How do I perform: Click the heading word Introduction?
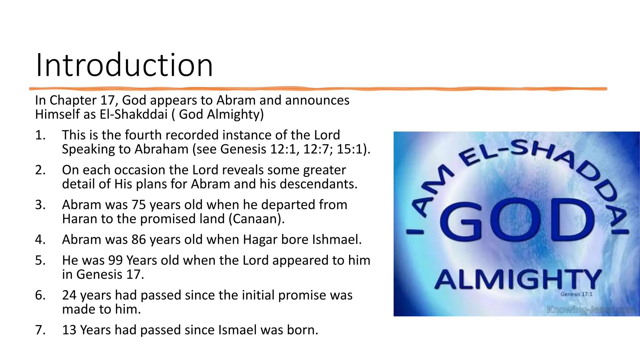pos(124,65)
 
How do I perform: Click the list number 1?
pos(40,135)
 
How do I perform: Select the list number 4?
pos(40,240)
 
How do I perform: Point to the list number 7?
pos(40,330)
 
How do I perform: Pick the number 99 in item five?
pos(116,260)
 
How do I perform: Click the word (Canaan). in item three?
pos(257,219)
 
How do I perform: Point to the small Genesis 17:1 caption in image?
pos(576,294)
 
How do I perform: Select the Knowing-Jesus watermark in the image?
pos(591,310)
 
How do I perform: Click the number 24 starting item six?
pos(69,295)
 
